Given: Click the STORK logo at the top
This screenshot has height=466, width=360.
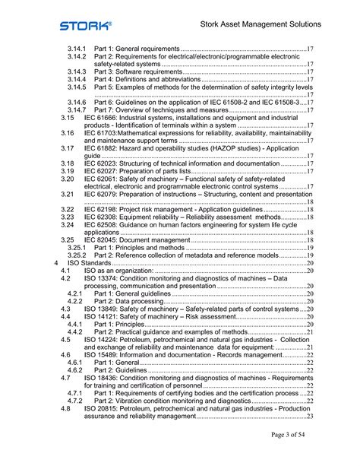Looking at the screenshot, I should [86, 25].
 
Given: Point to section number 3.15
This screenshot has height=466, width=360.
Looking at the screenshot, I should [68, 118].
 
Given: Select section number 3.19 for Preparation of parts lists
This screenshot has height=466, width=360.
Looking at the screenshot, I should [68, 171].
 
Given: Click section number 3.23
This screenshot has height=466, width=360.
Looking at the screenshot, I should [68, 217].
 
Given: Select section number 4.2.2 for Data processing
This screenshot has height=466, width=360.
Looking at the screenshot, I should [74, 302].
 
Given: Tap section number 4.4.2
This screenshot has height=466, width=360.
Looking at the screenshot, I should [74, 332].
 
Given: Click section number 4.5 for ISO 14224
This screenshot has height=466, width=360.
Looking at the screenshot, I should [65, 340].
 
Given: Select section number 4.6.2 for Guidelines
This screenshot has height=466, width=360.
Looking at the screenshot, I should [74, 370].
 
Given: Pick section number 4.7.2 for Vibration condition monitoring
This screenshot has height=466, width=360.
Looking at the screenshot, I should [74, 401].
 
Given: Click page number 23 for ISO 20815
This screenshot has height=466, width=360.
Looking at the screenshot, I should [310, 416].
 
